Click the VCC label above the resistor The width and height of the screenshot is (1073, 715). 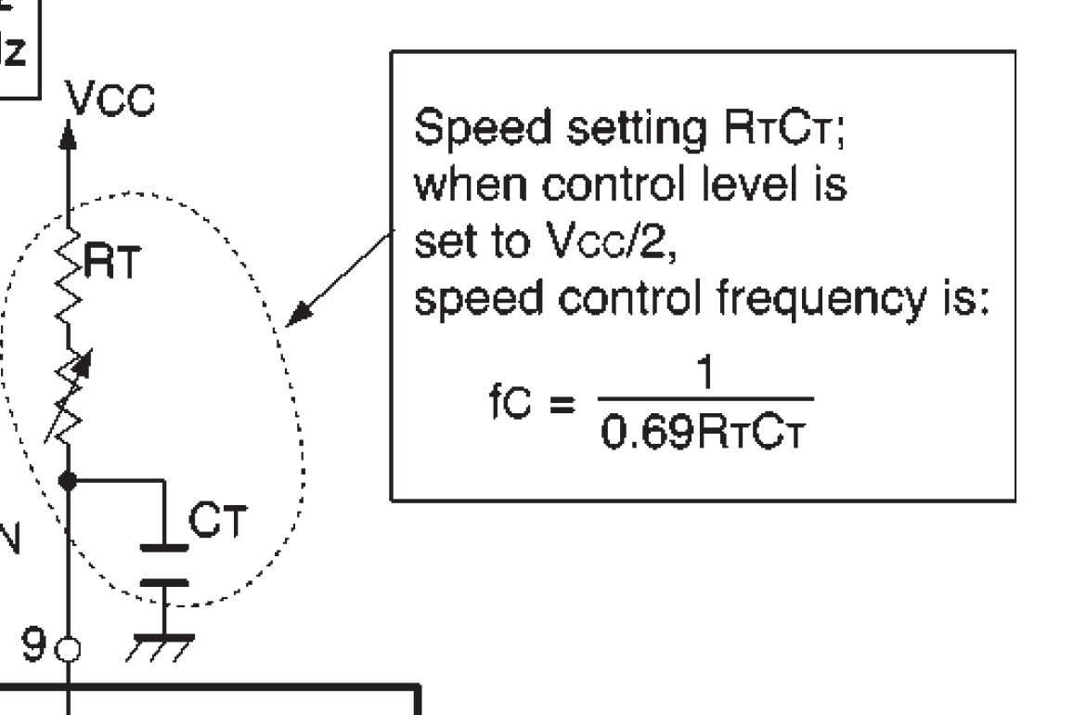pyautogui.click(x=110, y=99)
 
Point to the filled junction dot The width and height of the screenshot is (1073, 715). pyautogui.click(x=68, y=481)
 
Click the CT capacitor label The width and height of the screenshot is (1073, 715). pyautogui.click(x=217, y=520)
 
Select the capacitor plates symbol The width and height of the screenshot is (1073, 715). pyautogui.click(x=164, y=565)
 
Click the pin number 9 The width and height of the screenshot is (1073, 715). pyautogui.click(x=33, y=644)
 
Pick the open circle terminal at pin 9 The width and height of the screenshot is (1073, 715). pyautogui.click(x=68, y=649)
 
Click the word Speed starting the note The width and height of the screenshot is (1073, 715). pyautogui.click(x=483, y=129)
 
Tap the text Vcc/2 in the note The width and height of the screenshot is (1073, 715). pyautogui.click(x=612, y=241)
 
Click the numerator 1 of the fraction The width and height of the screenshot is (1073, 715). pyautogui.click(x=705, y=372)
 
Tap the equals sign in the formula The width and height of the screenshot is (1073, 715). pyautogui.click(x=562, y=404)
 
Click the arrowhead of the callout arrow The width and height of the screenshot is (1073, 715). pyautogui.click(x=299, y=314)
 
